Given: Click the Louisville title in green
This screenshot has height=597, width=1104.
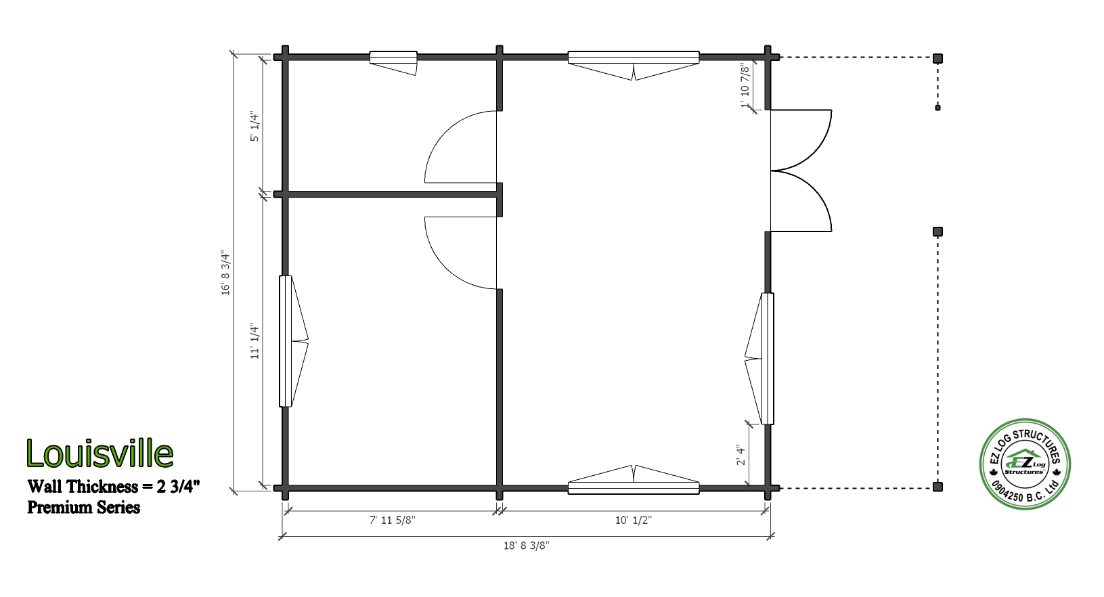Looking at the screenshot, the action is [100, 454].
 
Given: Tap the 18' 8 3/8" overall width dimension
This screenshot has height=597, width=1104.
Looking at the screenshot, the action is [527, 546].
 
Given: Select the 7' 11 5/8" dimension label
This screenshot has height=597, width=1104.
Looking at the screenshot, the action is [393, 520].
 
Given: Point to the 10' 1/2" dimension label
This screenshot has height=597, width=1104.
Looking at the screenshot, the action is [634, 520].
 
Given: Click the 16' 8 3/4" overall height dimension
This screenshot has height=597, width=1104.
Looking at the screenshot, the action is [225, 273].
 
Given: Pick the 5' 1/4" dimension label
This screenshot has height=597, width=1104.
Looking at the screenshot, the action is [255, 126].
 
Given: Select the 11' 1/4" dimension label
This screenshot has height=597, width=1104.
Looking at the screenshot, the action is [255, 341].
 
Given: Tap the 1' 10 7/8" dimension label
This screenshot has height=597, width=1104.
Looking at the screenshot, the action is [745, 87].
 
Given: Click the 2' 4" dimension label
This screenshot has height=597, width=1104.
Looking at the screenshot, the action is [741, 455].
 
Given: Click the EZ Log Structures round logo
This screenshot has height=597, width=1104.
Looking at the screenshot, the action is [1025, 464].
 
